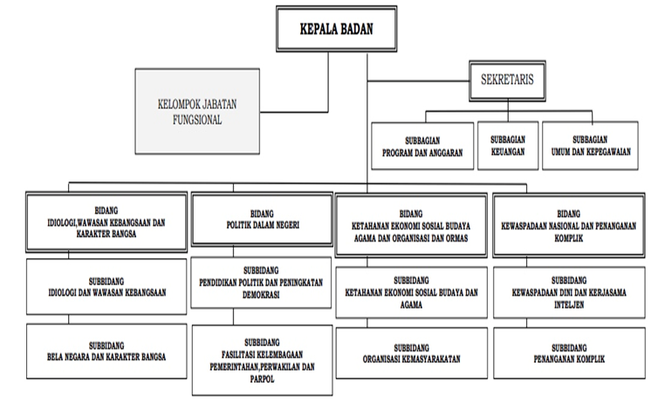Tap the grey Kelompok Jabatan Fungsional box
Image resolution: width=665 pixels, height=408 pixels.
(197, 111)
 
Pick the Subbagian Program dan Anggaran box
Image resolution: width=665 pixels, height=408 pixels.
(421, 144)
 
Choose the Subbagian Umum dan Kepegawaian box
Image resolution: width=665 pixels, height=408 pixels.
(590, 144)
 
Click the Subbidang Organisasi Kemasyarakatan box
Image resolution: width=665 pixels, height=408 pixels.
(410, 353)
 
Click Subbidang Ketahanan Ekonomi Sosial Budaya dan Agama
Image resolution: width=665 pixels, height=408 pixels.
(410, 294)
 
